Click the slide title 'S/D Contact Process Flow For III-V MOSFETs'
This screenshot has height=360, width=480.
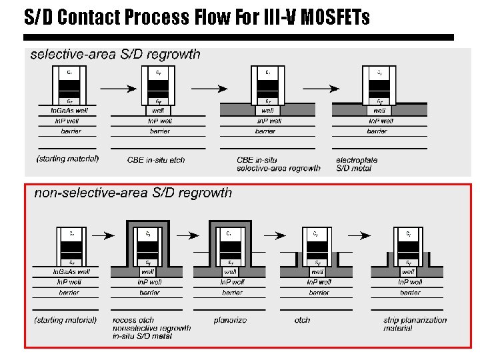(x=197, y=17)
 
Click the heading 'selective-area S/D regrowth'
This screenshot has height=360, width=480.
(x=115, y=55)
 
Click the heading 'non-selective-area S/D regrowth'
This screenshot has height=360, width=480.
(x=133, y=193)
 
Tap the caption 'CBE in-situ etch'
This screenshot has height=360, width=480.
(x=155, y=159)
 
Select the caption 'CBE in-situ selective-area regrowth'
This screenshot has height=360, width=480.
(x=279, y=164)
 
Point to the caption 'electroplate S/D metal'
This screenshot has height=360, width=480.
(x=357, y=164)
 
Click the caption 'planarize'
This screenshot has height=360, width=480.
(x=230, y=321)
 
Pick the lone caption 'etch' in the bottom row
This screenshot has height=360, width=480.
(x=302, y=321)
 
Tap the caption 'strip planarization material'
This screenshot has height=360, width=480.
(x=415, y=324)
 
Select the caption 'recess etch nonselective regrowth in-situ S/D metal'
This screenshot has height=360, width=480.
(x=151, y=328)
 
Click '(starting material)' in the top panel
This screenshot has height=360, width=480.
(x=67, y=159)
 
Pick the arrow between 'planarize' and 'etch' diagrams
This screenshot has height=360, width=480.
(x=273, y=235)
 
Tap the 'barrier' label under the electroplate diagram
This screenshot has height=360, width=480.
(x=378, y=131)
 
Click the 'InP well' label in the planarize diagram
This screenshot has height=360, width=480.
(x=231, y=283)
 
